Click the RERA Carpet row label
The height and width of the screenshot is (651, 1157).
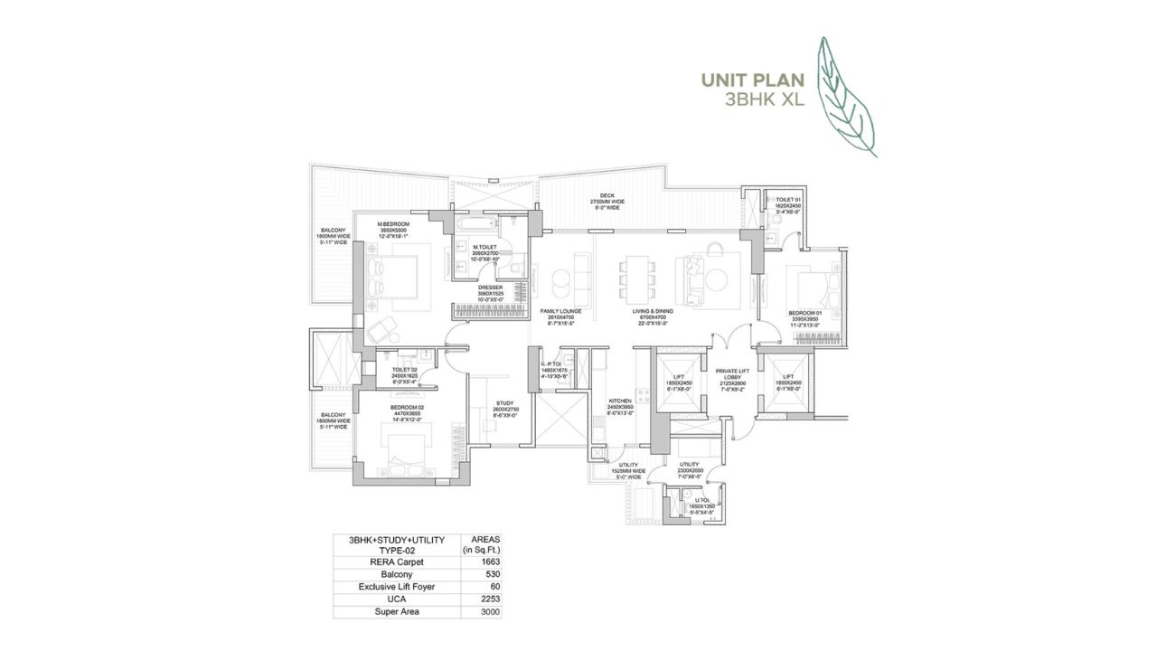pos(398,561)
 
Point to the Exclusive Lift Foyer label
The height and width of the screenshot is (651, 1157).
pos(398,587)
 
